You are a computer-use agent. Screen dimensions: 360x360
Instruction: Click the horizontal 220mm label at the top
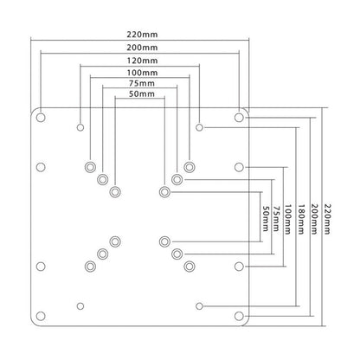coord(142,35)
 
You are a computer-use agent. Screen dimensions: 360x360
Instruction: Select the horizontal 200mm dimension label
coord(142,48)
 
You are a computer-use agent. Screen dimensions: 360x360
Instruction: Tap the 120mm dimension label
coord(142,61)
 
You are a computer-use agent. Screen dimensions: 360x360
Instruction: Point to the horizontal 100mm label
coord(142,73)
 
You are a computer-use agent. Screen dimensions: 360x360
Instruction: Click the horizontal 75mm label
coord(142,83)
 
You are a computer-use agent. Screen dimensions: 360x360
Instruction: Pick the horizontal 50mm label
coord(142,94)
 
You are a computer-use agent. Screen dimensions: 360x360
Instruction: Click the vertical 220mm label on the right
coord(328,219)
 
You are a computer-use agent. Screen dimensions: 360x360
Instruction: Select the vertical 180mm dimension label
coord(301,219)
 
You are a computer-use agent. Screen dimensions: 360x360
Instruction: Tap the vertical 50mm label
coord(265,218)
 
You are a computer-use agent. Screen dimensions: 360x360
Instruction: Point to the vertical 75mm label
coord(276,218)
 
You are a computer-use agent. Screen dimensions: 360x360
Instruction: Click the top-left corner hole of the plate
coord(41,118)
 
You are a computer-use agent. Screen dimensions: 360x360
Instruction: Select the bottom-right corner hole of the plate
coord(239,316)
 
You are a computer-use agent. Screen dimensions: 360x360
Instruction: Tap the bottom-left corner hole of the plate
coord(41,316)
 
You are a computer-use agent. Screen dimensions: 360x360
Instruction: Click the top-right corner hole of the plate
coord(239,118)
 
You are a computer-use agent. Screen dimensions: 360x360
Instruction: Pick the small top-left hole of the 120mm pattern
coord(80,127)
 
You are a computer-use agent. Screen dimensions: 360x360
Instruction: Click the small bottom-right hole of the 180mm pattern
coord(199,306)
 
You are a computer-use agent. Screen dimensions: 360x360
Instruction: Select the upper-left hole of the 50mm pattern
coord(115,192)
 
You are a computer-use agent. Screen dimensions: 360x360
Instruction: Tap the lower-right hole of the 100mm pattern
coord(190,267)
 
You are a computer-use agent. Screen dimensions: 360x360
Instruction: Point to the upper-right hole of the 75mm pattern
coord(177,179)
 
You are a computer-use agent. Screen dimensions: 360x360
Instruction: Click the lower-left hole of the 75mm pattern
coord(103,254)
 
